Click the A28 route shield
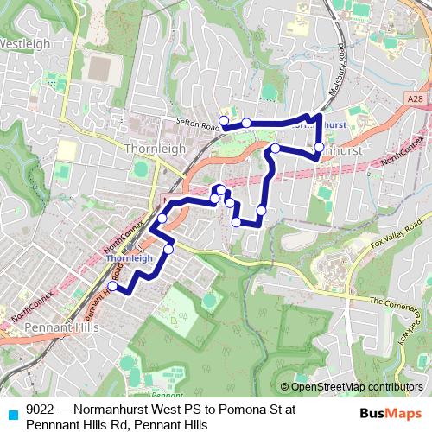click(x=416, y=99)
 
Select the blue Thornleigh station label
click(x=130, y=257)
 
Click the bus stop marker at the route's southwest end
click(x=112, y=286)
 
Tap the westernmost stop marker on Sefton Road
click(x=224, y=120)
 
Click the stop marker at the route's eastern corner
click(x=319, y=148)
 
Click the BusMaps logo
click(x=390, y=413)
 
